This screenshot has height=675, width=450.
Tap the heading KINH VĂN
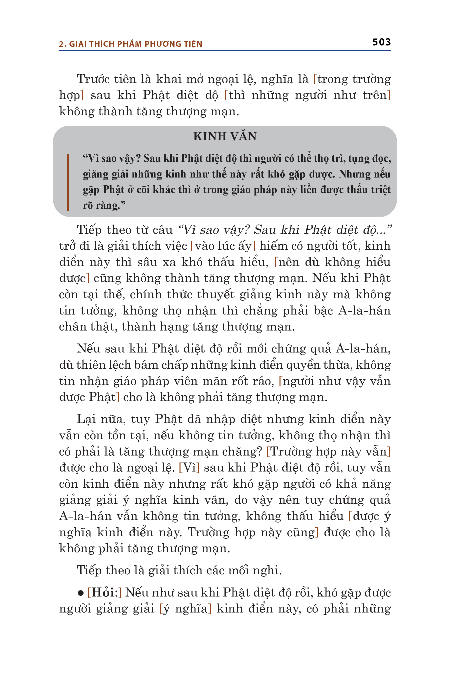(x=225, y=136)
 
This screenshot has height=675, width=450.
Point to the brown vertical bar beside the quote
(x=68, y=182)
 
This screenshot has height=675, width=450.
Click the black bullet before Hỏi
(x=81, y=593)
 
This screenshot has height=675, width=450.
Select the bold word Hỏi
(x=103, y=592)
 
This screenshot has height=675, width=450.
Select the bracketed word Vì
(x=189, y=467)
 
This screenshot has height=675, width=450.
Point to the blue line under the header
(x=225, y=51)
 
